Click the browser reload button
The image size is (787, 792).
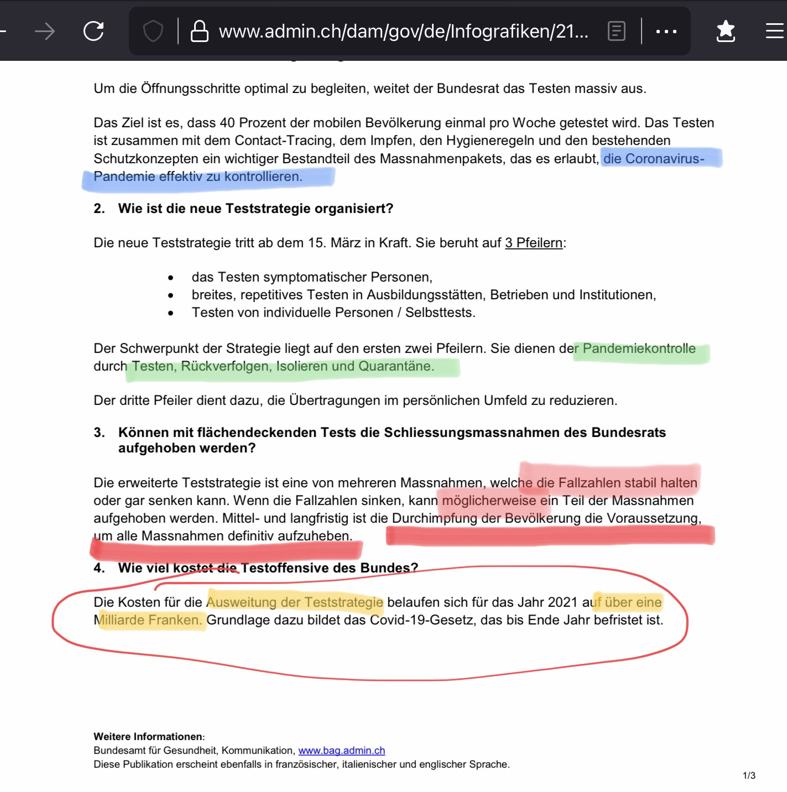click(x=93, y=31)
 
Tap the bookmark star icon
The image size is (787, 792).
click(x=725, y=31)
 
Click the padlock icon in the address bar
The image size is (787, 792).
click(x=199, y=31)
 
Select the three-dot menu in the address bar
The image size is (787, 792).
click(x=666, y=32)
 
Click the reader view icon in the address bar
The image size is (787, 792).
click(x=616, y=31)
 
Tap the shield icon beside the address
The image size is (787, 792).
click(x=153, y=31)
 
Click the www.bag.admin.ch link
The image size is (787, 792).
click(x=341, y=751)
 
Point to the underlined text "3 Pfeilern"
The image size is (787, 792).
click(x=534, y=243)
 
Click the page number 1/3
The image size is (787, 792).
click(x=749, y=775)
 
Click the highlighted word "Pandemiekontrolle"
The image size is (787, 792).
click(x=639, y=348)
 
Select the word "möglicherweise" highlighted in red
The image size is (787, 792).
click(x=489, y=501)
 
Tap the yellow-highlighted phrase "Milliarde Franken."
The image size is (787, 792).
click(x=148, y=620)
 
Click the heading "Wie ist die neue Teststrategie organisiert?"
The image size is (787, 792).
click(x=256, y=209)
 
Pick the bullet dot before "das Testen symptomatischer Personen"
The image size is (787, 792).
click(x=171, y=278)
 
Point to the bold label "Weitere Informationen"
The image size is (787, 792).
click(x=148, y=737)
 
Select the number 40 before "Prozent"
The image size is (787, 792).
click(x=227, y=123)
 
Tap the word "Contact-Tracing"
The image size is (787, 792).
click(x=283, y=140)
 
